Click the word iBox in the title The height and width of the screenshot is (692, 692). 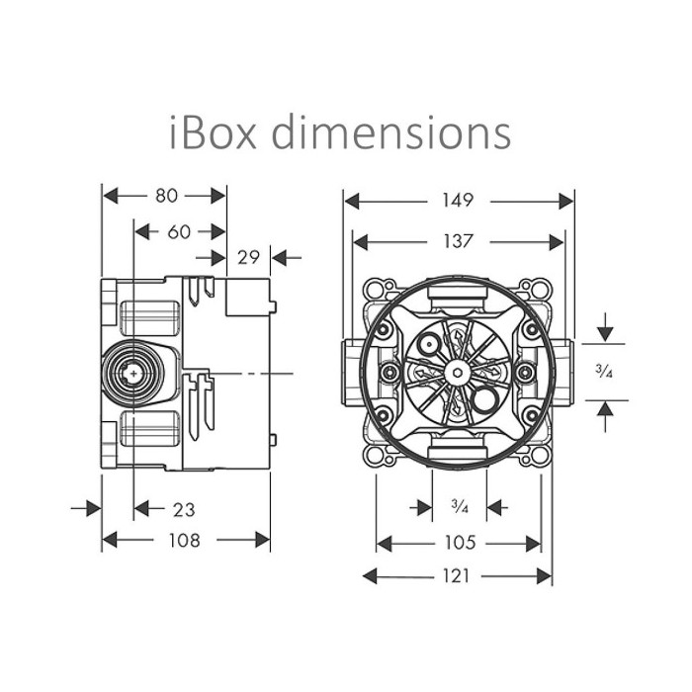[214, 131]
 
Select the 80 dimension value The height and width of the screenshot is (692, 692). [166, 196]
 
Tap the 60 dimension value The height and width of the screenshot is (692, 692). [179, 231]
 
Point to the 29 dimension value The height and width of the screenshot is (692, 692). [248, 257]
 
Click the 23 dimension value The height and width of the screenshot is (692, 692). [184, 510]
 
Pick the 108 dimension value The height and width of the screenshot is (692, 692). [185, 540]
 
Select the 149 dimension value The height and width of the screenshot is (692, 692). [458, 201]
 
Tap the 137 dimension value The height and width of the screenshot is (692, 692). [458, 241]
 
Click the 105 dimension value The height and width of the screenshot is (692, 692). [460, 543]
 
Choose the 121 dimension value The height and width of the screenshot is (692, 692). [456, 576]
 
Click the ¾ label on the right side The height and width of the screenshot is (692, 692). [604, 372]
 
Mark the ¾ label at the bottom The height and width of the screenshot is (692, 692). [460, 506]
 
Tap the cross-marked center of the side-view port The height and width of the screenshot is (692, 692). [133, 374]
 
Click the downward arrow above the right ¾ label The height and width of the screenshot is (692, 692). [605, 327]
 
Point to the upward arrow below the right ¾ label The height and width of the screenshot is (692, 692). [605, 417]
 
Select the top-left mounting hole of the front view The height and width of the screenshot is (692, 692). [375, 290]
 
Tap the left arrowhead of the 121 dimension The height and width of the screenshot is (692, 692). [370, 576]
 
